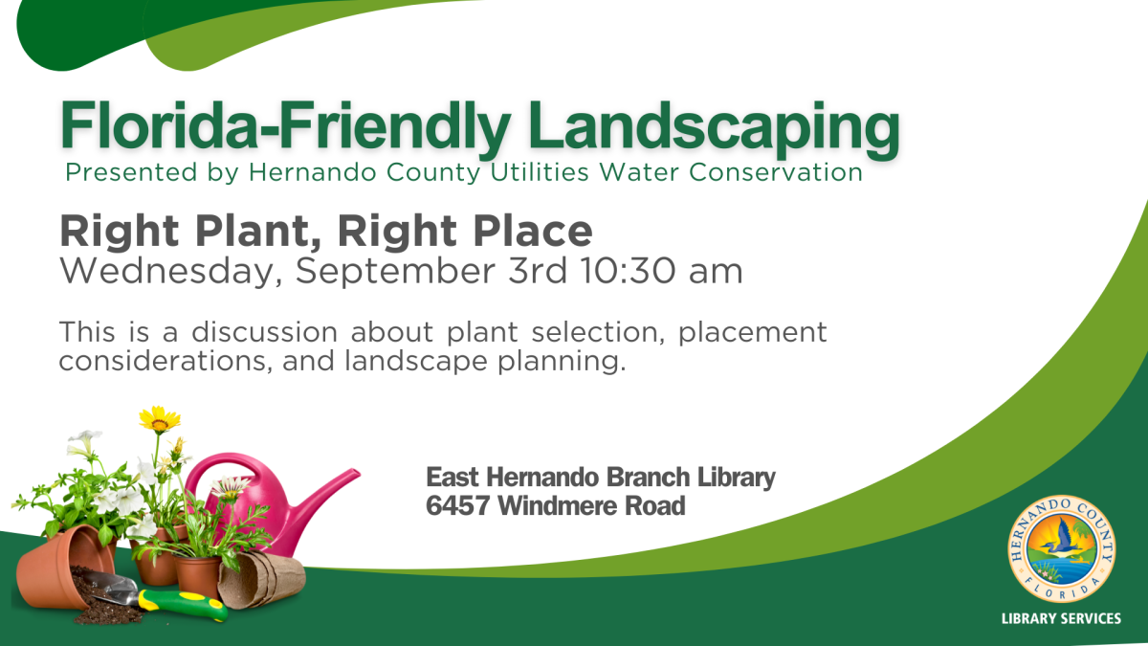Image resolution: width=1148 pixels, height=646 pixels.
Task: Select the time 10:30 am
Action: click(x=660, y=271)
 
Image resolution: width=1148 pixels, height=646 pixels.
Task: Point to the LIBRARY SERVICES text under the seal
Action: click(x=1061, y=618)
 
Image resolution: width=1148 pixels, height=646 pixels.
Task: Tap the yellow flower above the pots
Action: click(x=159, y=419)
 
